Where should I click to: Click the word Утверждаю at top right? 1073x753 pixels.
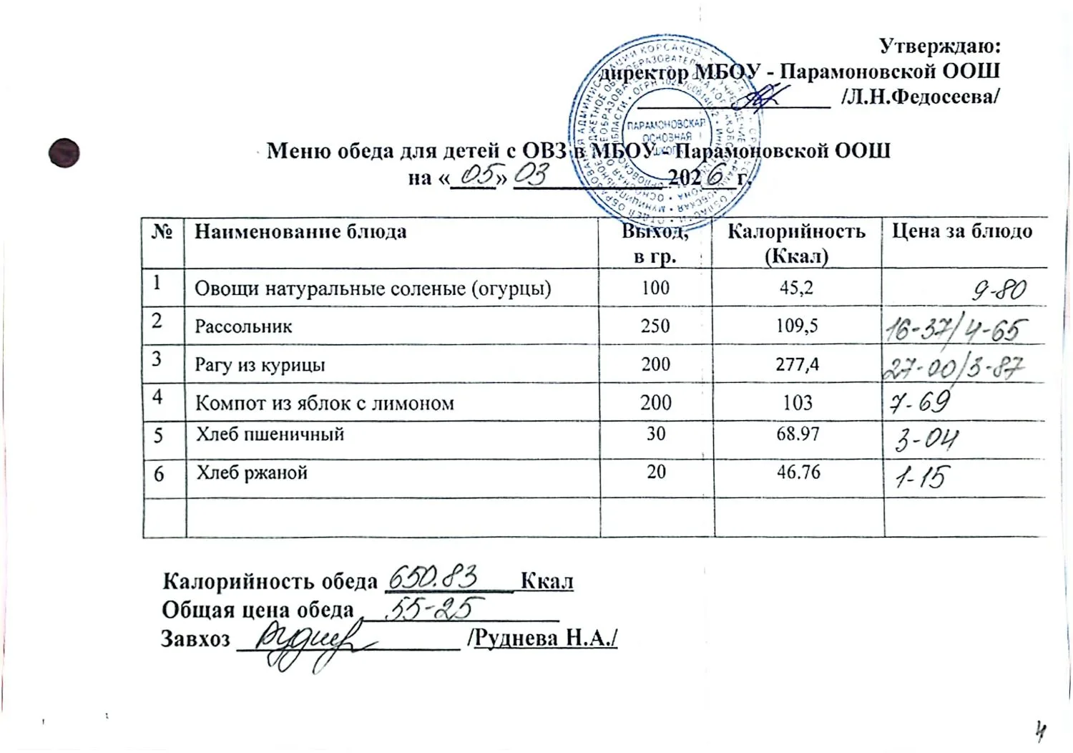pyautogui.click(x=939, y=47)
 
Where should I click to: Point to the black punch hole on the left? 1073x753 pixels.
pyautogui.click(x=64, y=152)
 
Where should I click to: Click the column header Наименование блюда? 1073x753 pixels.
pyautogui.click(x=300, y=232)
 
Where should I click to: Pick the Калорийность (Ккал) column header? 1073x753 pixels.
pyautogui.click(x=796, y=243)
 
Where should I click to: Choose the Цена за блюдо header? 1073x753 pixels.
pyautogui.click(x=962, y=231)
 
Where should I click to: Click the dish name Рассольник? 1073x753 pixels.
pyautogui.click(x=244, y=327)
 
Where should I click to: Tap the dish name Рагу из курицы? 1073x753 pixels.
pyautogui.click(x=260, y=365)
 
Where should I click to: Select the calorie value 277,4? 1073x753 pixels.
pyautogui.click(x=798, y=364)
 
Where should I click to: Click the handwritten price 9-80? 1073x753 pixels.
pyautogui.click(x=999, y=290)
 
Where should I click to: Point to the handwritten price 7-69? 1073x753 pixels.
pyautogui.click(x=919, y=402)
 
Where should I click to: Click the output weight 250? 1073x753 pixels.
pyautogui.click(x=655, y=326)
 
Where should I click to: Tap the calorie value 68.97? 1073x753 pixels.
pyautogui.click(x=798, y=434)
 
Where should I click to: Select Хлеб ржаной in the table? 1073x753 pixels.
pyautogui.click(x=252, y=472)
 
